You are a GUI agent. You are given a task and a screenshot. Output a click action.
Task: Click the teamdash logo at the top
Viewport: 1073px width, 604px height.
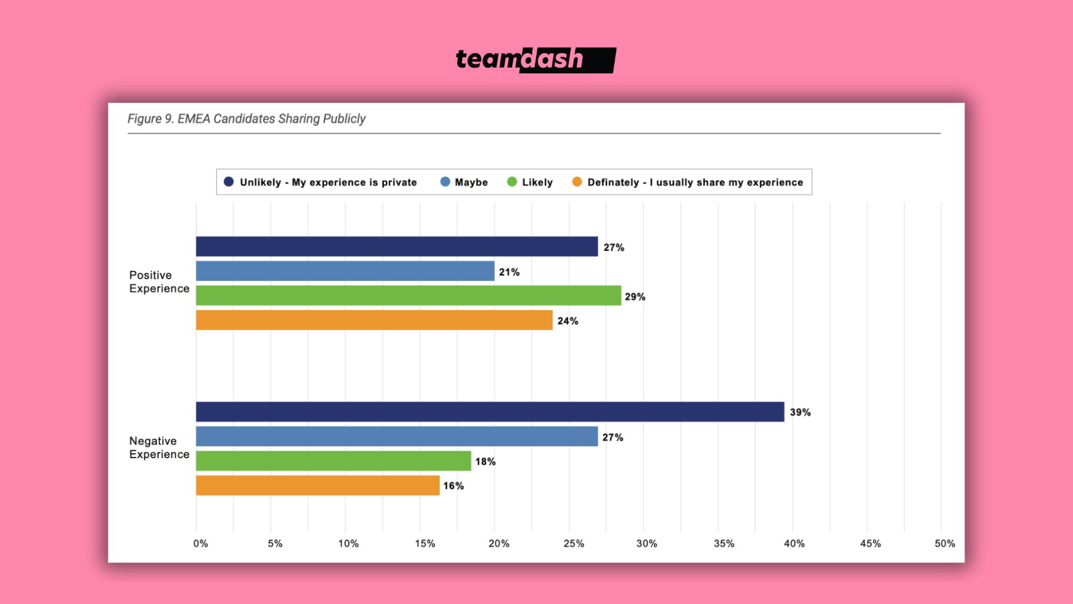tap(535, 60)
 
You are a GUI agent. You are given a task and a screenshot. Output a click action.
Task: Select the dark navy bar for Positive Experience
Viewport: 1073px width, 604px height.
tap(397, 247)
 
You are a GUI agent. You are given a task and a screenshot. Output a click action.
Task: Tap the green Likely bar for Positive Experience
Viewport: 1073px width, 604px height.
tap(409, 296)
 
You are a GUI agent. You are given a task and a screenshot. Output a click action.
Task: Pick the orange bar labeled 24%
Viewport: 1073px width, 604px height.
tap(374, 320)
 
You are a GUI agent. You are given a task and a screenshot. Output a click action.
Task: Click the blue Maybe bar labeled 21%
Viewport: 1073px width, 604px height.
tap(345, 271)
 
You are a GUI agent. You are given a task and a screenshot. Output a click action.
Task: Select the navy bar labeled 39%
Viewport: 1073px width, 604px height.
tap(490, 412)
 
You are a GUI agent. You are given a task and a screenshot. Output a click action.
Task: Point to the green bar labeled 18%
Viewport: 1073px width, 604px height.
tap(333, 461)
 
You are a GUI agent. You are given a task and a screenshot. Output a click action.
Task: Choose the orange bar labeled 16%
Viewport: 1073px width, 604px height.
tap(317, 485)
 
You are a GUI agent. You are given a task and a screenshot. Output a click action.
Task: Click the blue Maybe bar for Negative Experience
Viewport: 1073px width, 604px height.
tap(397, 436)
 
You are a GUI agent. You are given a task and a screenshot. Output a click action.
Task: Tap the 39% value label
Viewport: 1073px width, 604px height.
tap(800, 412)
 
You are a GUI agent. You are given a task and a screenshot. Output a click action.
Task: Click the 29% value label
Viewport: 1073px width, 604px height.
tap(635, 297)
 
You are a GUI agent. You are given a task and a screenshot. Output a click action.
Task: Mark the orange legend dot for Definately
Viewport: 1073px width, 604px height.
tap(577, 182)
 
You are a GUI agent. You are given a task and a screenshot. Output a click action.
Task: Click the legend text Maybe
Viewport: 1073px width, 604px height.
tap(471, 182)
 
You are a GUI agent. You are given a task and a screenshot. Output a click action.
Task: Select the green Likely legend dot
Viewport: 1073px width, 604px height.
tap(512, 182)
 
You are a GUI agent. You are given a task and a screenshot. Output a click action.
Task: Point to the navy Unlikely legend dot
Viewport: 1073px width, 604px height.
tap(229, 182)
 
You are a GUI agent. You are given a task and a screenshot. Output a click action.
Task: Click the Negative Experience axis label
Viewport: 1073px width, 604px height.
tap(159, 447)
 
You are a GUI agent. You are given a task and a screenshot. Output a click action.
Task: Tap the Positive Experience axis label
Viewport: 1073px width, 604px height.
tap(159, 282)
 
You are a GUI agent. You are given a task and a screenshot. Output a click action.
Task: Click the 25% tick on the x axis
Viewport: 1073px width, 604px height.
tap(573, 544)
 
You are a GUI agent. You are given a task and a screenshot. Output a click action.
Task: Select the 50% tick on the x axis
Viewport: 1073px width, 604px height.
tap(944, 544)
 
